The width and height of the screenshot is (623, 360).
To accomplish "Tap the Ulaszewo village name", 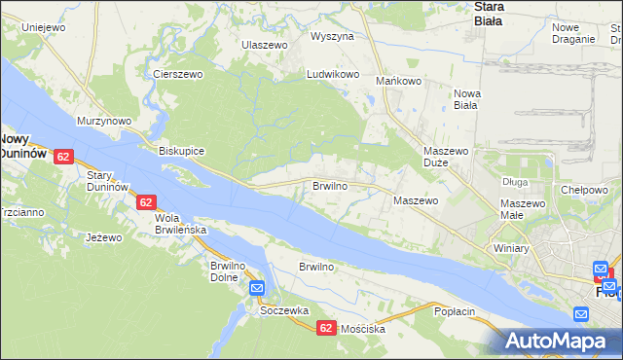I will (x=265, y=46).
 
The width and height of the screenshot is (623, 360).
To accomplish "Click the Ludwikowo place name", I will (x=334, y=74).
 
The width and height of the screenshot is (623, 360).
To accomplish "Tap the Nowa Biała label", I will (x=465, y=100).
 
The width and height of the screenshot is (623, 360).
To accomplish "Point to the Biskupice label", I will (x=181, y=152).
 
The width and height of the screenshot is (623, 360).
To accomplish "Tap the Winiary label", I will (x=510, y=248).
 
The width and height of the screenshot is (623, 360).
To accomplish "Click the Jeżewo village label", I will (x=103, y=237).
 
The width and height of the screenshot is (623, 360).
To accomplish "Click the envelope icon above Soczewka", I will (x=257, y=288).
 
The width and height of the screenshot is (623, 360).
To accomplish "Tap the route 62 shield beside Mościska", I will (x=326, y=329).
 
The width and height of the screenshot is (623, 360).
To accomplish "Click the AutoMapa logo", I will (x=562, y=342).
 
